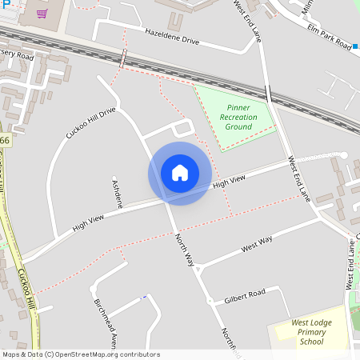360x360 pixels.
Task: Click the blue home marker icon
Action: pyautogui.click(x=180, y=173)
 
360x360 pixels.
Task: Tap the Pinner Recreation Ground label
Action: pyautogui.click(x=238, y=117)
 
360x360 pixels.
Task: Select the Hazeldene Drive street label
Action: pyautogui.click(x=172, y=38)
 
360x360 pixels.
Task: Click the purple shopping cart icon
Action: pyautogui.click(x=40, y=13)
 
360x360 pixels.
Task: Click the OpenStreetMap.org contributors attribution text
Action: pyautogui.click(x=107, y=354)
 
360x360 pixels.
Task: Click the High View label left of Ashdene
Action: pyautogui.click(x=89, y=221)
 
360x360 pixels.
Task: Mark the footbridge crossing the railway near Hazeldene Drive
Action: pyautogui.click(x=123, y=58)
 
